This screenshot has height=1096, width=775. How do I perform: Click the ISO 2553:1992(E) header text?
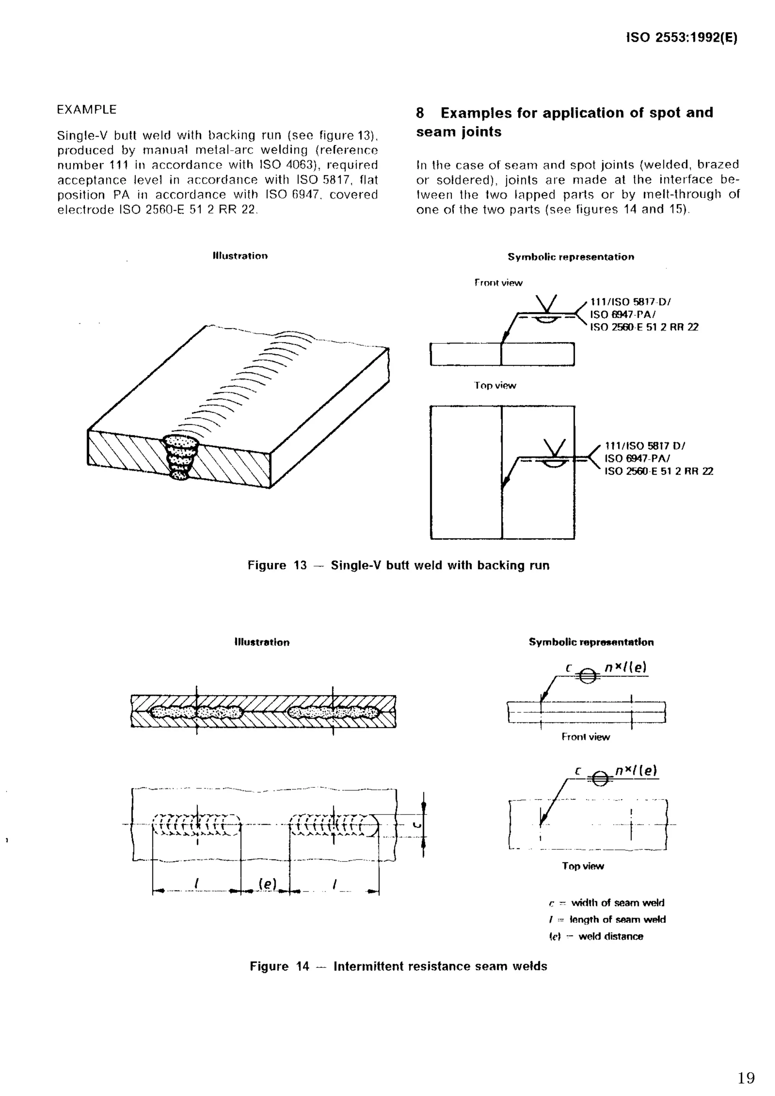pyautogui.click(x=682, y=38)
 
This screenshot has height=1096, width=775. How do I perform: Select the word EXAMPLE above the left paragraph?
pyautogui.click(x=86, y=110)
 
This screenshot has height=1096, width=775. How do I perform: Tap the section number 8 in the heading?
pyautogui.click(x=420, y=113)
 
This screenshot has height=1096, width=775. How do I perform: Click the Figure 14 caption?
pyautogui.click(x=398, y=966)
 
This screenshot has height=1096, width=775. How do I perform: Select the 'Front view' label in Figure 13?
pyautogui.click(x=498, y=283)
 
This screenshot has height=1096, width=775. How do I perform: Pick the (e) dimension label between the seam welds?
pyautogui.click(x=268, y=884)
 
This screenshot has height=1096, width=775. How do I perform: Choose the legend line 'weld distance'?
pyautogui.click(x=610, y=936)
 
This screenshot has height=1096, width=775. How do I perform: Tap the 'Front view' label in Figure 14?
pyautogui.click(x=585, y=737)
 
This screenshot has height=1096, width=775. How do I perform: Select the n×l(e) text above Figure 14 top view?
pyautogui.click(x=636, y=770)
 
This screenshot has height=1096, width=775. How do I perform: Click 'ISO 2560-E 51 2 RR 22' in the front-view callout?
pyautogui.click(x=644, y=328)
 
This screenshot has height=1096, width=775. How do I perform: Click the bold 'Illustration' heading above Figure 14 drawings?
pyautogui.click(x=261, y=643)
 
